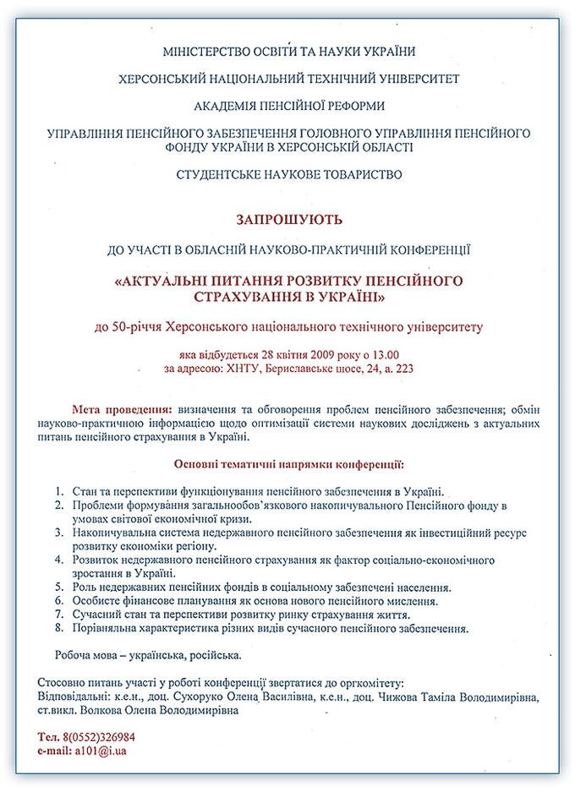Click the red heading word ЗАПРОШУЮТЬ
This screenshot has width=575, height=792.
pos(288,220)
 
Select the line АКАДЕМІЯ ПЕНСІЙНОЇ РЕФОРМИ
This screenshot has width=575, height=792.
pos(288,107)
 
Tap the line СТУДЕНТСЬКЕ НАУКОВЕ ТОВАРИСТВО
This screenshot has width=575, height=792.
pos(288,175)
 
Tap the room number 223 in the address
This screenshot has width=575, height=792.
pos(402,369)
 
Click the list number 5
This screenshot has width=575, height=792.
pos(59,587)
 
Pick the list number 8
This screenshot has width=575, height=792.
pos(59,628)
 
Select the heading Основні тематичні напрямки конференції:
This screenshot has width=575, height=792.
pos(288,464)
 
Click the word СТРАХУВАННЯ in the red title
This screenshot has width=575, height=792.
pos(240,298)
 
